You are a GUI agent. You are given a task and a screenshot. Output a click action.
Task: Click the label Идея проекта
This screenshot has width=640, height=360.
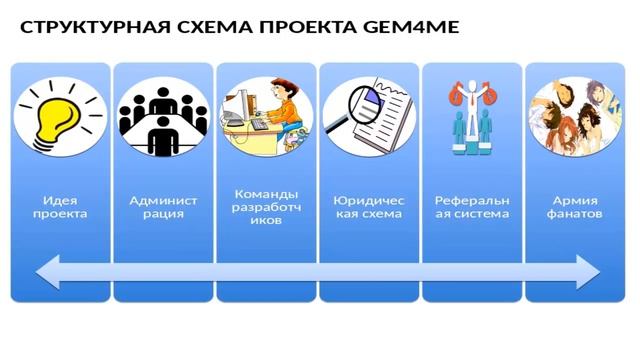coord(59,206)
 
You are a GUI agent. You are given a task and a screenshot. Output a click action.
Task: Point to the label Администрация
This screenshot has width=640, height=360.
coord(163,206)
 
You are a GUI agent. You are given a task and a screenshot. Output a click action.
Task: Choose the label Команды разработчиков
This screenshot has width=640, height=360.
coord(266,206)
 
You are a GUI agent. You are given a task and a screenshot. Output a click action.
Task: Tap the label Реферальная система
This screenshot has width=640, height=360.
coord(472,206)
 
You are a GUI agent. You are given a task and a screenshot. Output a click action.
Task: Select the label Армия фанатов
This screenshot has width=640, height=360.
coord(575,206)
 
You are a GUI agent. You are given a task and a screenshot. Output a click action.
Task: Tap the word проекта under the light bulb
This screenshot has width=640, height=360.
coord(59,213)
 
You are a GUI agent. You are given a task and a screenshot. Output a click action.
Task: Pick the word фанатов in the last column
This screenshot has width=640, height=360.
coord(575,213)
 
